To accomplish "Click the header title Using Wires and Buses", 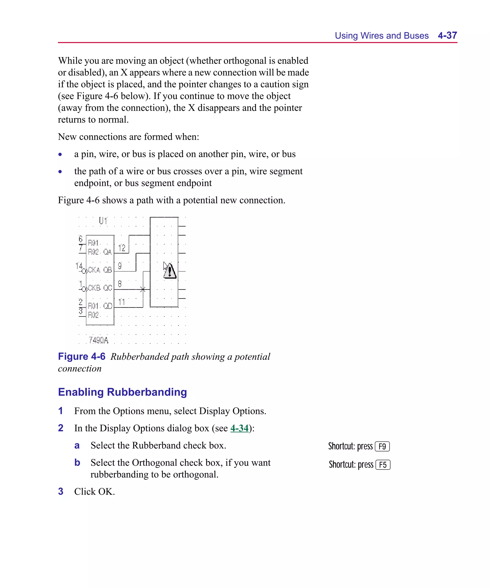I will point(381,36).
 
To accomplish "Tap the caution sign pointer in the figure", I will point(170,271).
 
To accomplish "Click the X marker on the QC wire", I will point(143,289).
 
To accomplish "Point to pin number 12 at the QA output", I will point(122,247).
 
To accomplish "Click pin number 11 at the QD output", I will point(121,302).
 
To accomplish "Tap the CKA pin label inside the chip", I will point(94,270).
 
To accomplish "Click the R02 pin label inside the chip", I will point(93,315).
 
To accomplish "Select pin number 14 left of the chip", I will point(79,265).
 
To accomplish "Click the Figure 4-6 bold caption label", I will point(82,356).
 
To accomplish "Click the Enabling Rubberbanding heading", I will point(122,392).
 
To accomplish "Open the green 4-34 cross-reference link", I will point(239,428).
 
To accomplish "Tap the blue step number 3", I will point(61,491).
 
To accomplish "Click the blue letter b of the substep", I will point(77,462).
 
